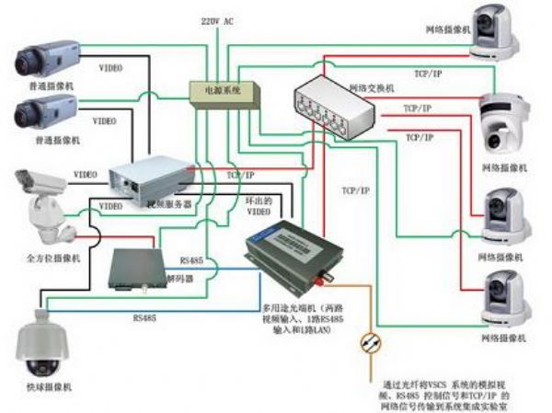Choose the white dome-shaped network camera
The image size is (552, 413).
504,124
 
